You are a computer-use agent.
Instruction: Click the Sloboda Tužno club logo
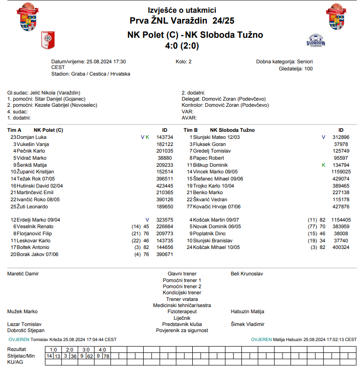[x=316, y=41]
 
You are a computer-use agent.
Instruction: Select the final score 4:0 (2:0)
[x=182, y=46]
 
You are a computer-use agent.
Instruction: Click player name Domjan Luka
[x=32, y=137]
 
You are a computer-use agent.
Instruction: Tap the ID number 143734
[x=164, y=137]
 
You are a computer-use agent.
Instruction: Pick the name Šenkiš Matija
[x=33, y=165]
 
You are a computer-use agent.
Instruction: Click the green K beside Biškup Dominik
[x=324, y=165]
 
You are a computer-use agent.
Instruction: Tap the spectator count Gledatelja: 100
[x=296, y=68]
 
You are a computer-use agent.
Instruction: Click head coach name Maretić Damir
[x=23, y=274]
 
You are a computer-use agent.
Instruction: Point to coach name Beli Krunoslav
[x=247, y=274]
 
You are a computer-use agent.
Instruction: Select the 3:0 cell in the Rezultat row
[x=86, y=350]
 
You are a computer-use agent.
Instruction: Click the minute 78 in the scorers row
[x=106, y=356]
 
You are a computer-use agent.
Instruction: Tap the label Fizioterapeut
[x=182, y=312]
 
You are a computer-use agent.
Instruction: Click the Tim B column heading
[x=190, y=130]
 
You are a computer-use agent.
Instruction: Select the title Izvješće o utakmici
[x=182, y=10]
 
